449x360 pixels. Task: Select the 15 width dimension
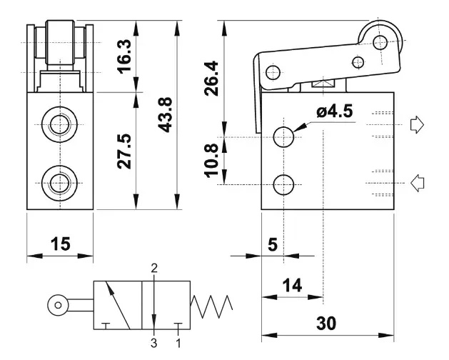pos(61,244)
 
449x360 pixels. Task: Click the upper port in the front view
pos(60,125)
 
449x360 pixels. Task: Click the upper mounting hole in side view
pos(284,136)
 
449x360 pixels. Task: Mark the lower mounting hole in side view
pos(284,184)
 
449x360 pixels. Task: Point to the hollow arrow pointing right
pos(418,126)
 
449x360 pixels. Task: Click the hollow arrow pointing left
pos(418,183)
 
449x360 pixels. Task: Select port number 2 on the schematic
pos(154,269)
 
